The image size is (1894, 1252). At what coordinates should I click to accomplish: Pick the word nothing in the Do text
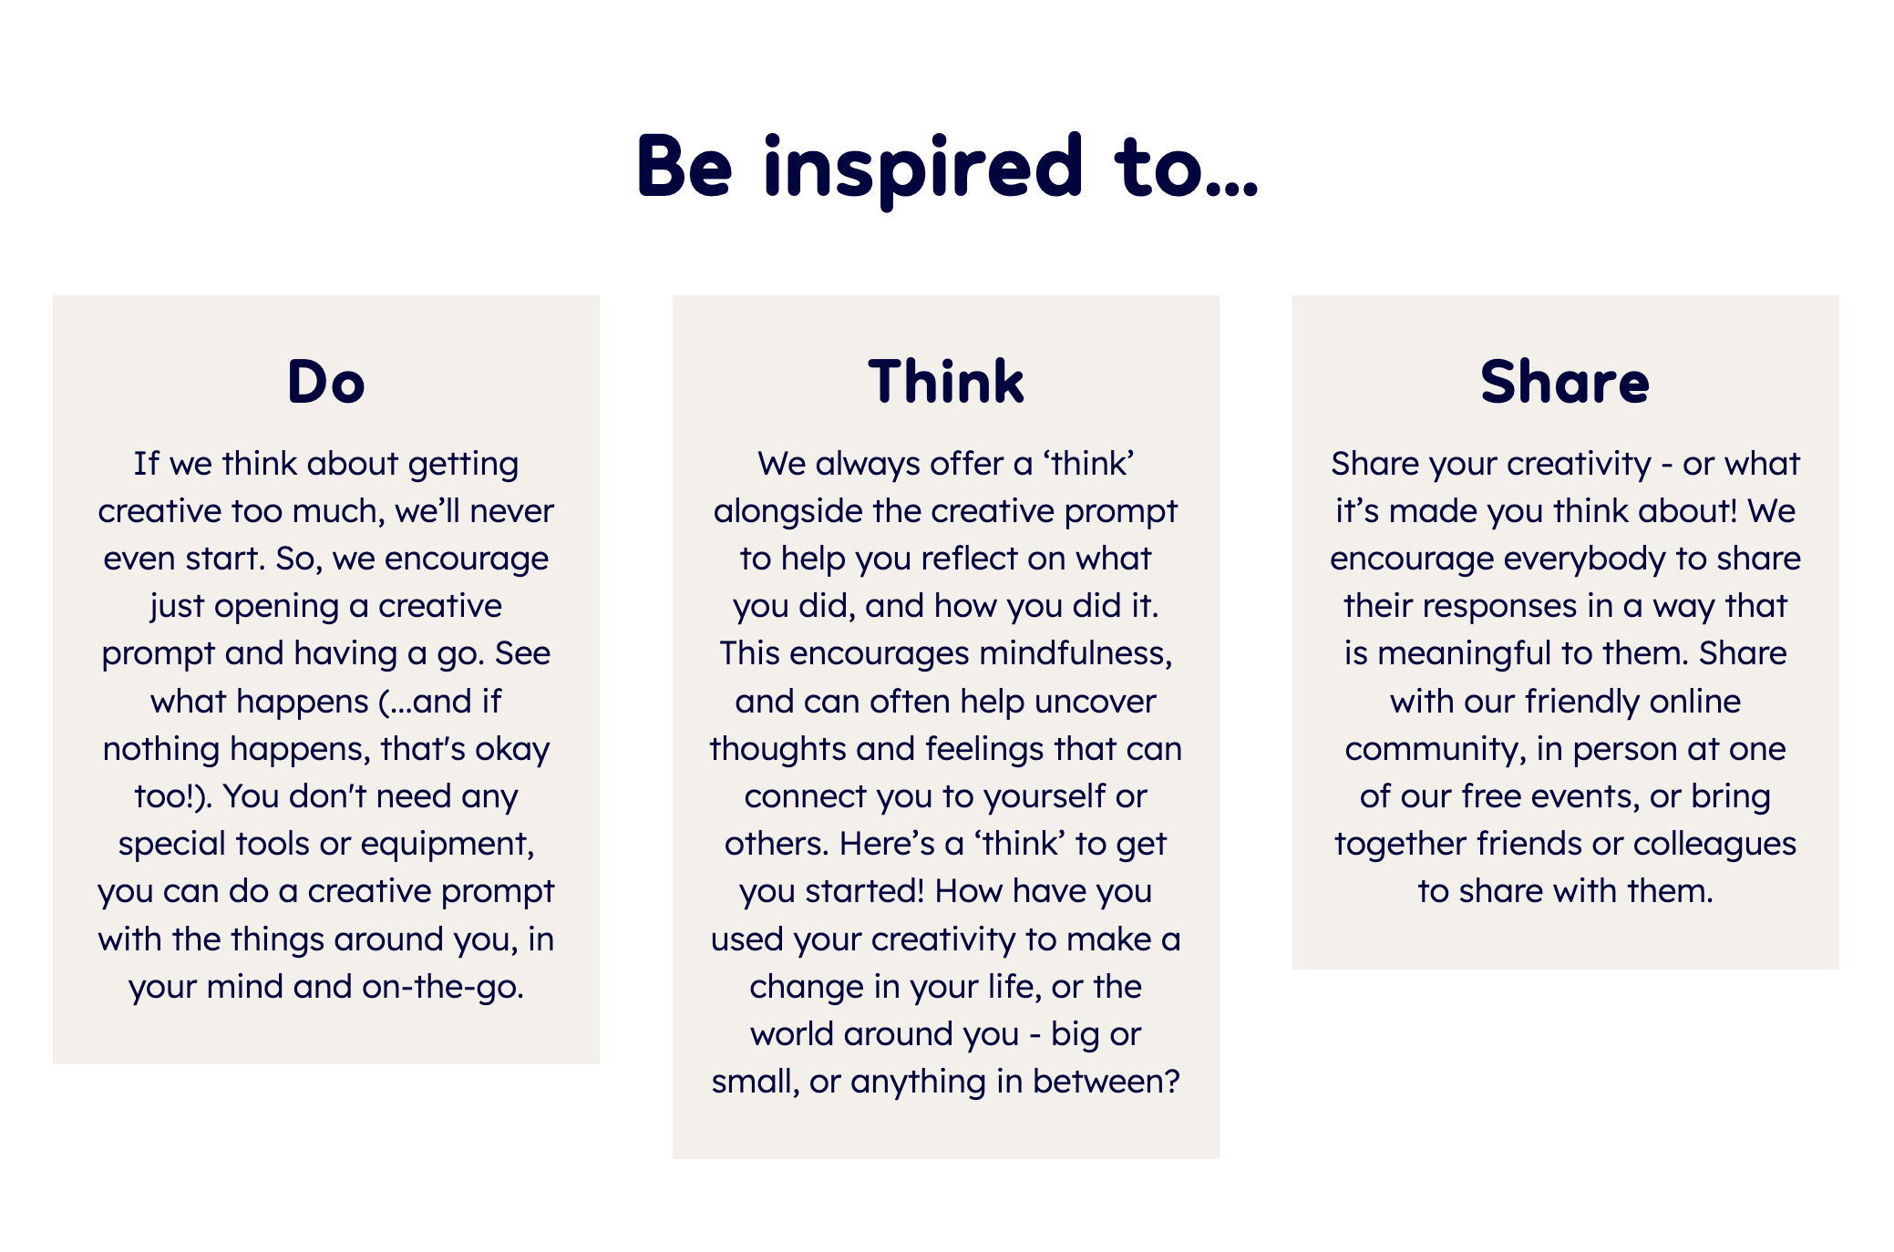pyautogui.click(x=161, y=749)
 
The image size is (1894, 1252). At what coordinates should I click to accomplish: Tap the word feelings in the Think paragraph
pyautogui.click(x=985, y=749)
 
